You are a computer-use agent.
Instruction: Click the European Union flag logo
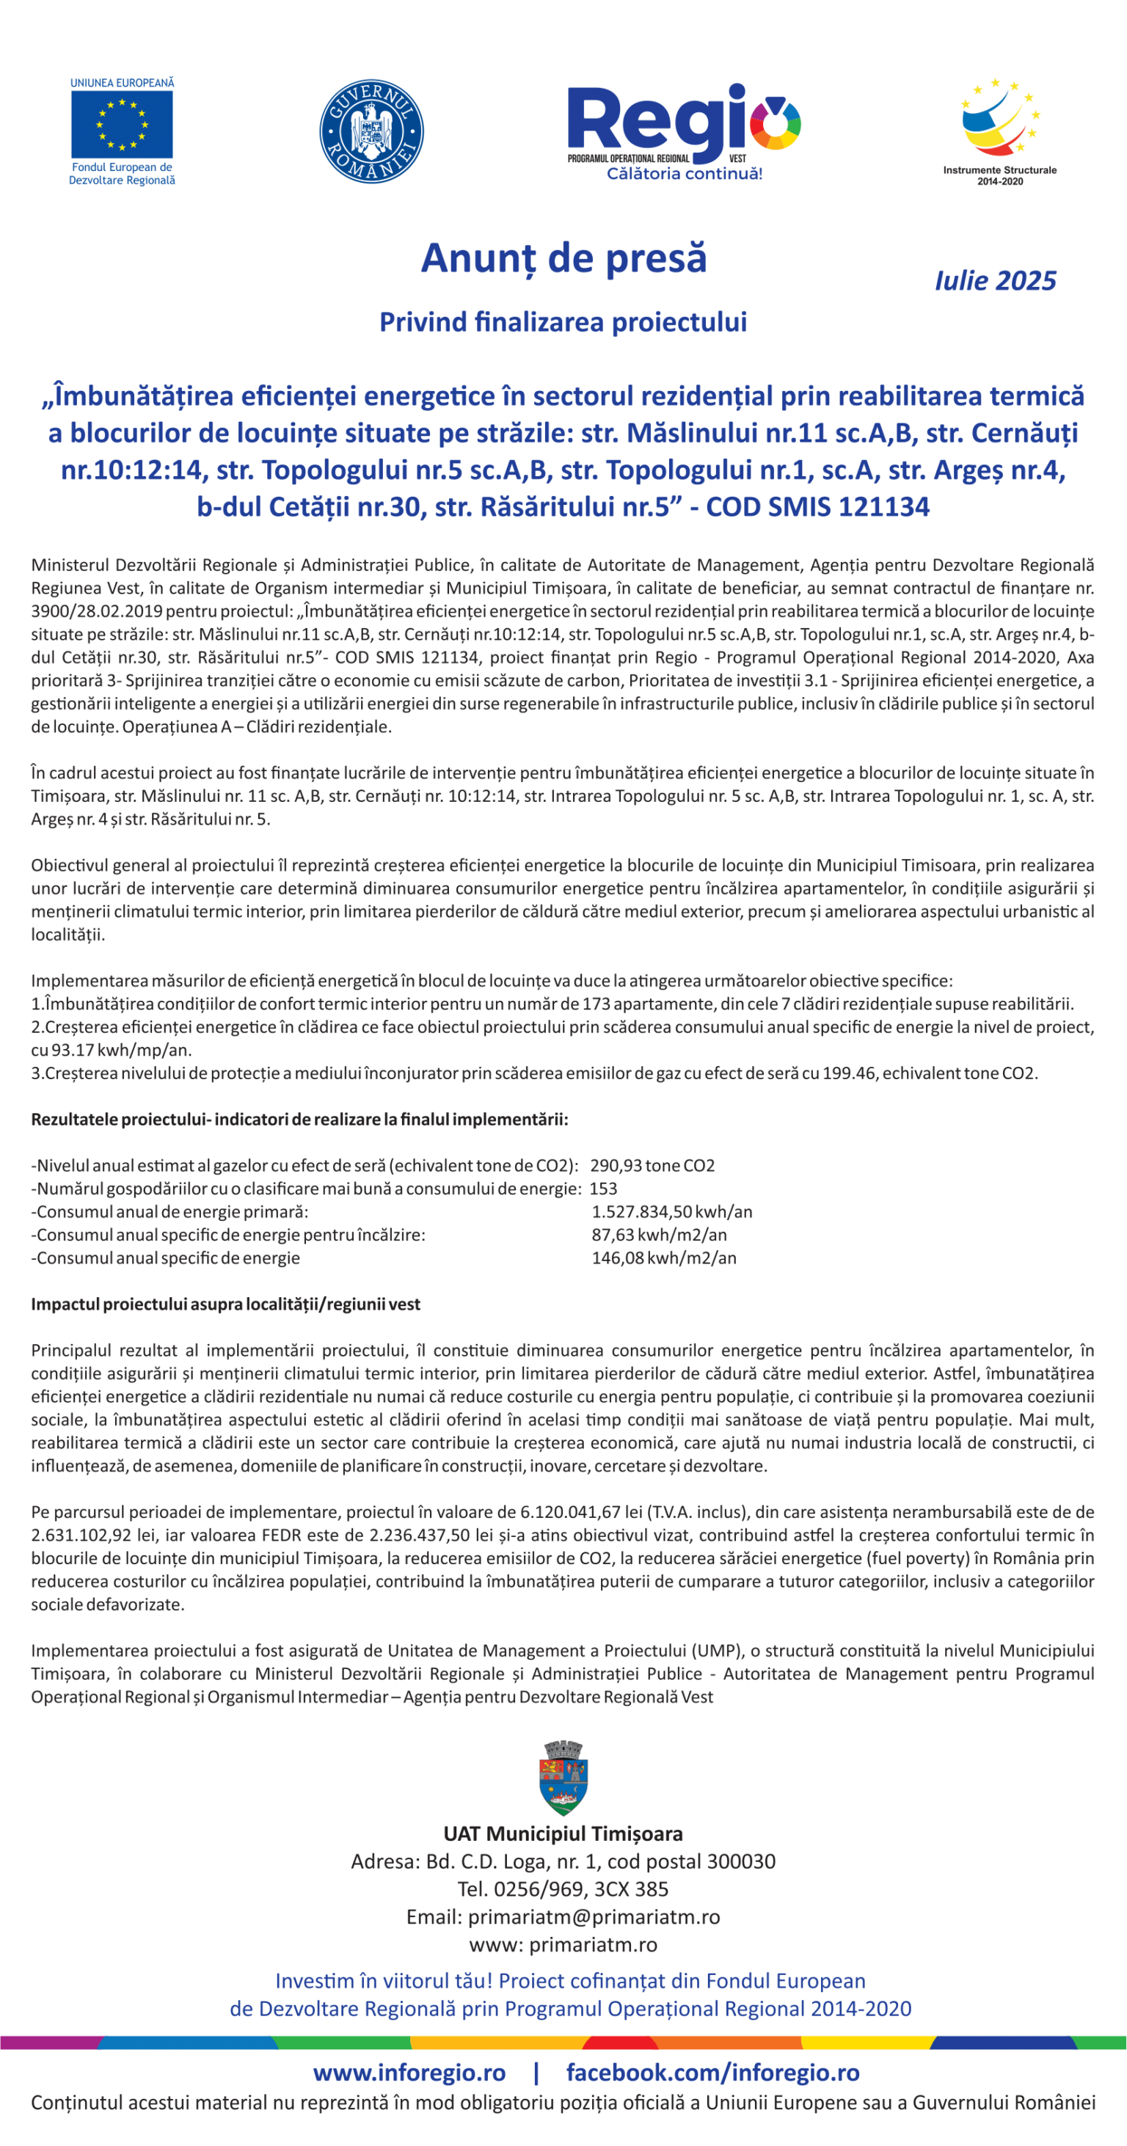click(122, 125)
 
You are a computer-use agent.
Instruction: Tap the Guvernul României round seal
click(371, 131)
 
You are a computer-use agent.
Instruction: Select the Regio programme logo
click(683, 129)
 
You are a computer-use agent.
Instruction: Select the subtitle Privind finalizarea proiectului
click(563, 321)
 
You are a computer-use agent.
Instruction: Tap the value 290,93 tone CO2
click(652, 1166)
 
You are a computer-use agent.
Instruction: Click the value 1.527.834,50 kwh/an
click(671, 1211)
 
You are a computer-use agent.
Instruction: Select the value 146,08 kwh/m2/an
click(664, 1258)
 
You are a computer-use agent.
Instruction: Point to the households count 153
click(603, 1189)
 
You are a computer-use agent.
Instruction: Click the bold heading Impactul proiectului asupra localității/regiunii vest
click(226, 1304)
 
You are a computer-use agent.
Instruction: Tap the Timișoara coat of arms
click(563, 1778)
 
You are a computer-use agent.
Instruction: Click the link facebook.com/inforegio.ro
click(713, 2072)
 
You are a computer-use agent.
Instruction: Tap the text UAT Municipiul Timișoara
click(563, 1833)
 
